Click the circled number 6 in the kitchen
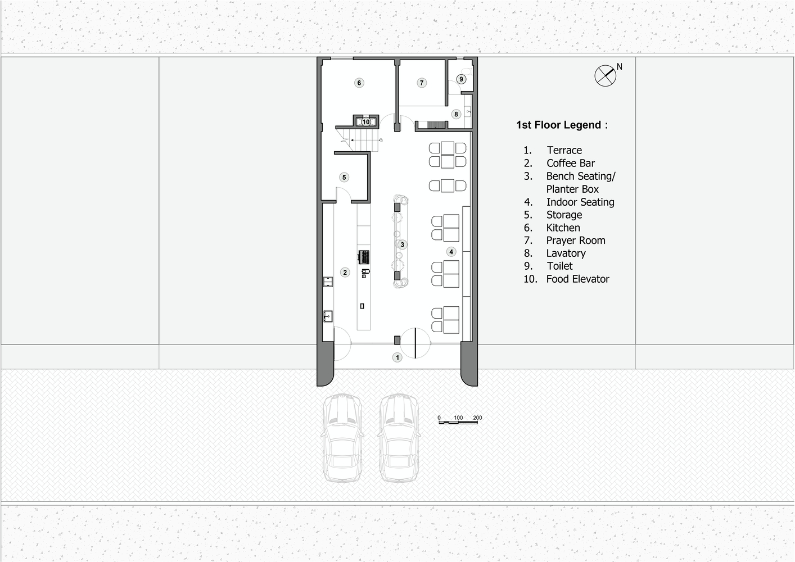(359, 83)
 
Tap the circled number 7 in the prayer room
(422, 83)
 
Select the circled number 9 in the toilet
(461, 79)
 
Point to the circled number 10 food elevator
(366, 122)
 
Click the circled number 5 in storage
(344, 178)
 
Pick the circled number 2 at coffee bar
(345, 273)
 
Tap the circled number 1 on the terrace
(397, 357)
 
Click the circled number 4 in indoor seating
(451, 252)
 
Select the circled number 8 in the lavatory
(456, 114)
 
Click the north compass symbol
(606, 75)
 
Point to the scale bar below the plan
(458, 422)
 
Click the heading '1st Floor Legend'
(562, 125)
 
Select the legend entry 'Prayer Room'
(576, 241)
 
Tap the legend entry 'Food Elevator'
(577, 279)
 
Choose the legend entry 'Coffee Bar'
(571, 163)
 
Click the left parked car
(342, 438)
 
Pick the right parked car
(399, 438)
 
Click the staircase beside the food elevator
(359, 140)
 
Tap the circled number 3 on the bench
(402, 244)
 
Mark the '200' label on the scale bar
(477, 418)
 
